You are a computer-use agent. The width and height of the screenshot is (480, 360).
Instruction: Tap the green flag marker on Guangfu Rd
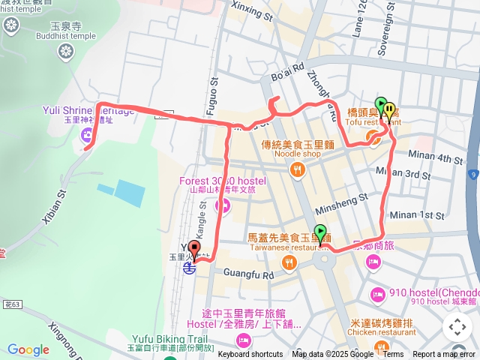pyautogui.click(x=321, y=232)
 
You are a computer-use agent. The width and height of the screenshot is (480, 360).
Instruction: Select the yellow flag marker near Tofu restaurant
pyautogui.click(x=389, y=110)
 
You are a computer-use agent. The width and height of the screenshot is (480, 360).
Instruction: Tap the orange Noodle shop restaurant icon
pyautogui.click(x=298, y=169)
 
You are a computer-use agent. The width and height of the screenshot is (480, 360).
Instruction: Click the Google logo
pyautogui.click(x=28, y=349)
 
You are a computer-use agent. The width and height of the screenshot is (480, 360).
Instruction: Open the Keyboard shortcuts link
pyautogui.click(x=250, y=355)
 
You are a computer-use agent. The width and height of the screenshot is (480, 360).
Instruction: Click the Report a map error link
pyautogui.click(x=444, y=355)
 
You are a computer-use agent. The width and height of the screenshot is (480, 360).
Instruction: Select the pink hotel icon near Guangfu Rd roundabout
pyautogui.click(x=373, y=261)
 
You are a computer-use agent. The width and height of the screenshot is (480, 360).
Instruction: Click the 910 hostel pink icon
pyautogui.click(x=377, y=292)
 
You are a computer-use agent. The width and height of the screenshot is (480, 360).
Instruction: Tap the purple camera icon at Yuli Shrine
pyautogui.click(x=88, y=136)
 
